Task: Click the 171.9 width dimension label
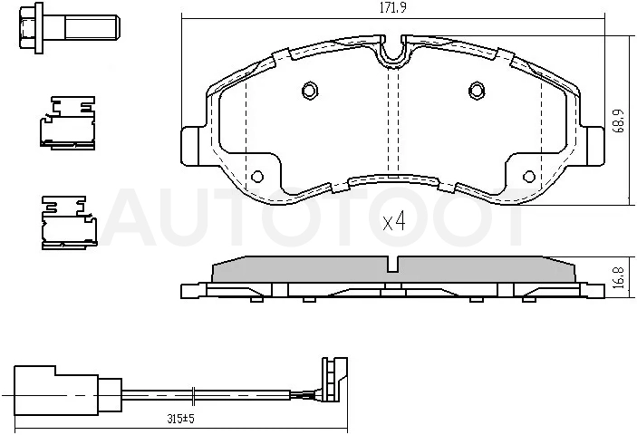pos(393,8)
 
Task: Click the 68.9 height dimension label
pos(619,121)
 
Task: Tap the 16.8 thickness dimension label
pos(619,277)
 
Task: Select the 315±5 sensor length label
pos(181,419)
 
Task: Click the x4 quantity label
pos(394,222)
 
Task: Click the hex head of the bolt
pos(27,28)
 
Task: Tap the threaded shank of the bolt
pos(92,27)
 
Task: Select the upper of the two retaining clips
pos(67,122)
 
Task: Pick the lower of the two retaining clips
pos(69,222)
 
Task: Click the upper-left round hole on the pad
pos(310,90)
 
